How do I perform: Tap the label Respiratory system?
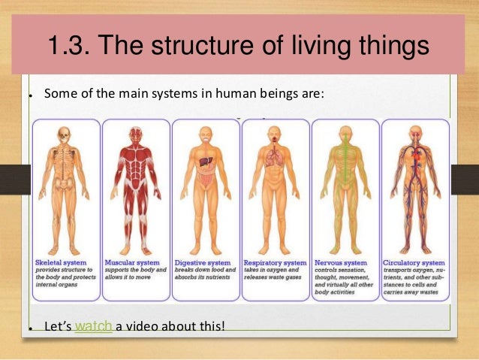pyautogui.click(x=275, y=262)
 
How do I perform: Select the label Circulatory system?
pyautogui.click(x=415, y=262)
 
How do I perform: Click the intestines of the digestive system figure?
pyautogui.click(x=204, y=180)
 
